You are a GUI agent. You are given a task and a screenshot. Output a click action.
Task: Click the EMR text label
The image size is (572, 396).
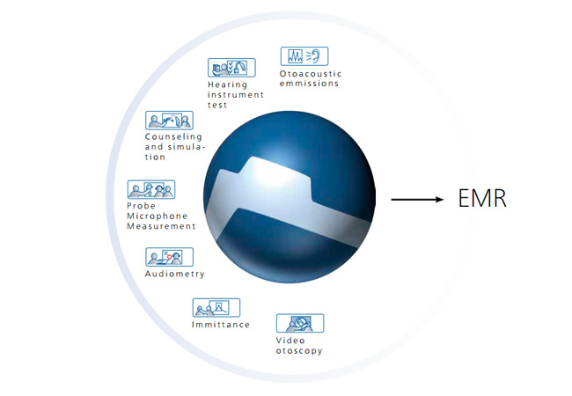pos(482,198)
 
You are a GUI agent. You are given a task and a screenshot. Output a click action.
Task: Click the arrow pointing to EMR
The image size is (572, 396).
pos(417,200)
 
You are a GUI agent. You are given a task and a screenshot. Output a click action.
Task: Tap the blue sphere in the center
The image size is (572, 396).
pos(290,197)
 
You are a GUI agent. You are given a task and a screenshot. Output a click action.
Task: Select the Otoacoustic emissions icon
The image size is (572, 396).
pos(304,56)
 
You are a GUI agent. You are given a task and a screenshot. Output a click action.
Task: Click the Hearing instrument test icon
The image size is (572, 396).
pos(231,68)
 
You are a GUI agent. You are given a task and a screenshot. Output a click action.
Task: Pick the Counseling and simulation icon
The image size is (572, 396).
pos(169,121)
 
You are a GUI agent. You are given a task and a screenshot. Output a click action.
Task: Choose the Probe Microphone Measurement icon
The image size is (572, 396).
pos(151,189)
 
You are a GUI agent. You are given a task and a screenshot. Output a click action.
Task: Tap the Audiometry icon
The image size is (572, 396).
pos(169,257)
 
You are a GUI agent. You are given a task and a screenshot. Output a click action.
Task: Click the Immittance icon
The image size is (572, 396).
pos(216,308)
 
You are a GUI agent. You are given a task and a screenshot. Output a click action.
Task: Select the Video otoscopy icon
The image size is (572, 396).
pos(300,323)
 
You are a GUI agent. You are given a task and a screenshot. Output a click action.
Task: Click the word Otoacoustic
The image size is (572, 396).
pos(311,74)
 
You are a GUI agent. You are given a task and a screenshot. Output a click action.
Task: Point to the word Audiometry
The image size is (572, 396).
pos(175,274)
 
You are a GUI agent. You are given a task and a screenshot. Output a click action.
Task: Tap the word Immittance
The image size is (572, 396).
pos(221,325)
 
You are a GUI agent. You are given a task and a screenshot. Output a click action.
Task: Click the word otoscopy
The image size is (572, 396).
pos(299,351)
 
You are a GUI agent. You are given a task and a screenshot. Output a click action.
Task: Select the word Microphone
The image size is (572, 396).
pos(158,216)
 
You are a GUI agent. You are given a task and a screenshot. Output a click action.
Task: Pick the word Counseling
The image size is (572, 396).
pos(173,137)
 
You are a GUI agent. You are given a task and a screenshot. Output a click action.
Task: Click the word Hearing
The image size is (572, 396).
pos(228,85)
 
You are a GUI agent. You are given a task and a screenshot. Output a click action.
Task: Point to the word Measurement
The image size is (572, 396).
pos(161,226)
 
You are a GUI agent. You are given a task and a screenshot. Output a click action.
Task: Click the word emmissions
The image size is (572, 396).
pos(310,84)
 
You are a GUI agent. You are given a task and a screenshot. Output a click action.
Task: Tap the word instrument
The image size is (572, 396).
pos(236,95)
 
